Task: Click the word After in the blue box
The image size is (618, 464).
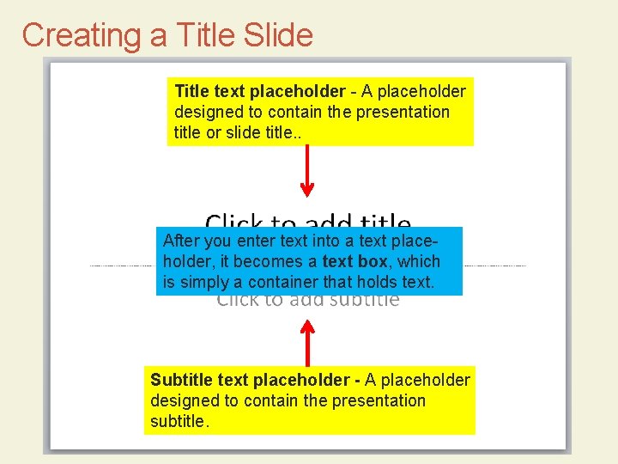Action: point(180,241)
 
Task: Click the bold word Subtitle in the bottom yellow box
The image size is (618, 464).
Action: point(181,380)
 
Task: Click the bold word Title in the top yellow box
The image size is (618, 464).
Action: point(191,91)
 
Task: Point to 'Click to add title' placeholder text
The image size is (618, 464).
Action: point(308,222)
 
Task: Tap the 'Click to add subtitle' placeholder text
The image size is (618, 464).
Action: point(308,301)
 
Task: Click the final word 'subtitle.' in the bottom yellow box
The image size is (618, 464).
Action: point(179,421)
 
